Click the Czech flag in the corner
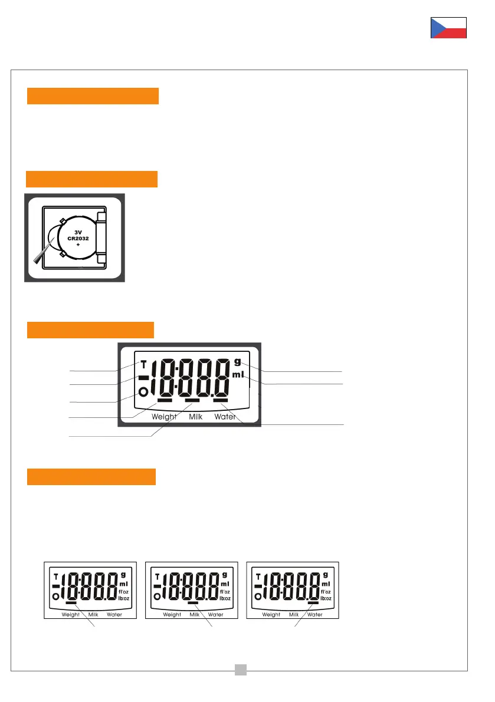448,28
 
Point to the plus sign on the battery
78,244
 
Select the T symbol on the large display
143,364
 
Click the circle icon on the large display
142,392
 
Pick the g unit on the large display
237,361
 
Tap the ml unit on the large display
237,375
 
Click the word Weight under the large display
164,417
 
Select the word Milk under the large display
196,417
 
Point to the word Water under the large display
225,417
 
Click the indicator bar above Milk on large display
192,402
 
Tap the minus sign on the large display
143,378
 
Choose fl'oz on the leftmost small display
124,591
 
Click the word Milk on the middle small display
195,614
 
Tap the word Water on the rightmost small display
315,614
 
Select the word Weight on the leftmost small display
71,614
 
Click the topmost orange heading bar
93,96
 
